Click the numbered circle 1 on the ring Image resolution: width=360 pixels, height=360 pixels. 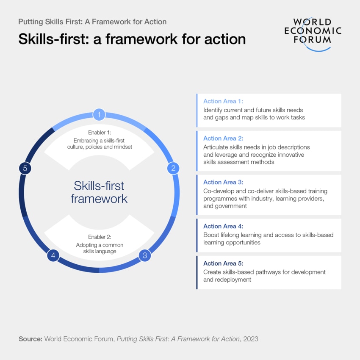(99, 114)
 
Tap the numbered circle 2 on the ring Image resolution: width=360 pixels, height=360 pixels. (173, 168)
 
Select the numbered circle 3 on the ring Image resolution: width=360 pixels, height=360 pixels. (145, 255)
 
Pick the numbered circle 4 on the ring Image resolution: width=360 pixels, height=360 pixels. (53, 255)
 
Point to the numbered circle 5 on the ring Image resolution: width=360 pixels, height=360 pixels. (25, 168)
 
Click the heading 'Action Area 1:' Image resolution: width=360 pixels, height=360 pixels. (223, 101)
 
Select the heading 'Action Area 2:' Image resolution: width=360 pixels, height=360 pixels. (223, 138)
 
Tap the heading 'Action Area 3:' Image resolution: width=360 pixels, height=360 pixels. (223, 182)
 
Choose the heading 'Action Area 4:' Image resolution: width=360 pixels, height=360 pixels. (223, 226)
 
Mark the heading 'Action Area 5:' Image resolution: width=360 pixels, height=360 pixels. (223, 263)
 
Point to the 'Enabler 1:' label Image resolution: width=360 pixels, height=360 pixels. (99, 132)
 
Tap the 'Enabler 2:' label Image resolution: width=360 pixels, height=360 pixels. (99, 237)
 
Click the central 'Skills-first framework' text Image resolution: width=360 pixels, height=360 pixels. (99, 192)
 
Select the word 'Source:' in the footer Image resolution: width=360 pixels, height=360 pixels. (30, 339)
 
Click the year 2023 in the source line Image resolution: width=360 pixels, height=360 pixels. (250, 339)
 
